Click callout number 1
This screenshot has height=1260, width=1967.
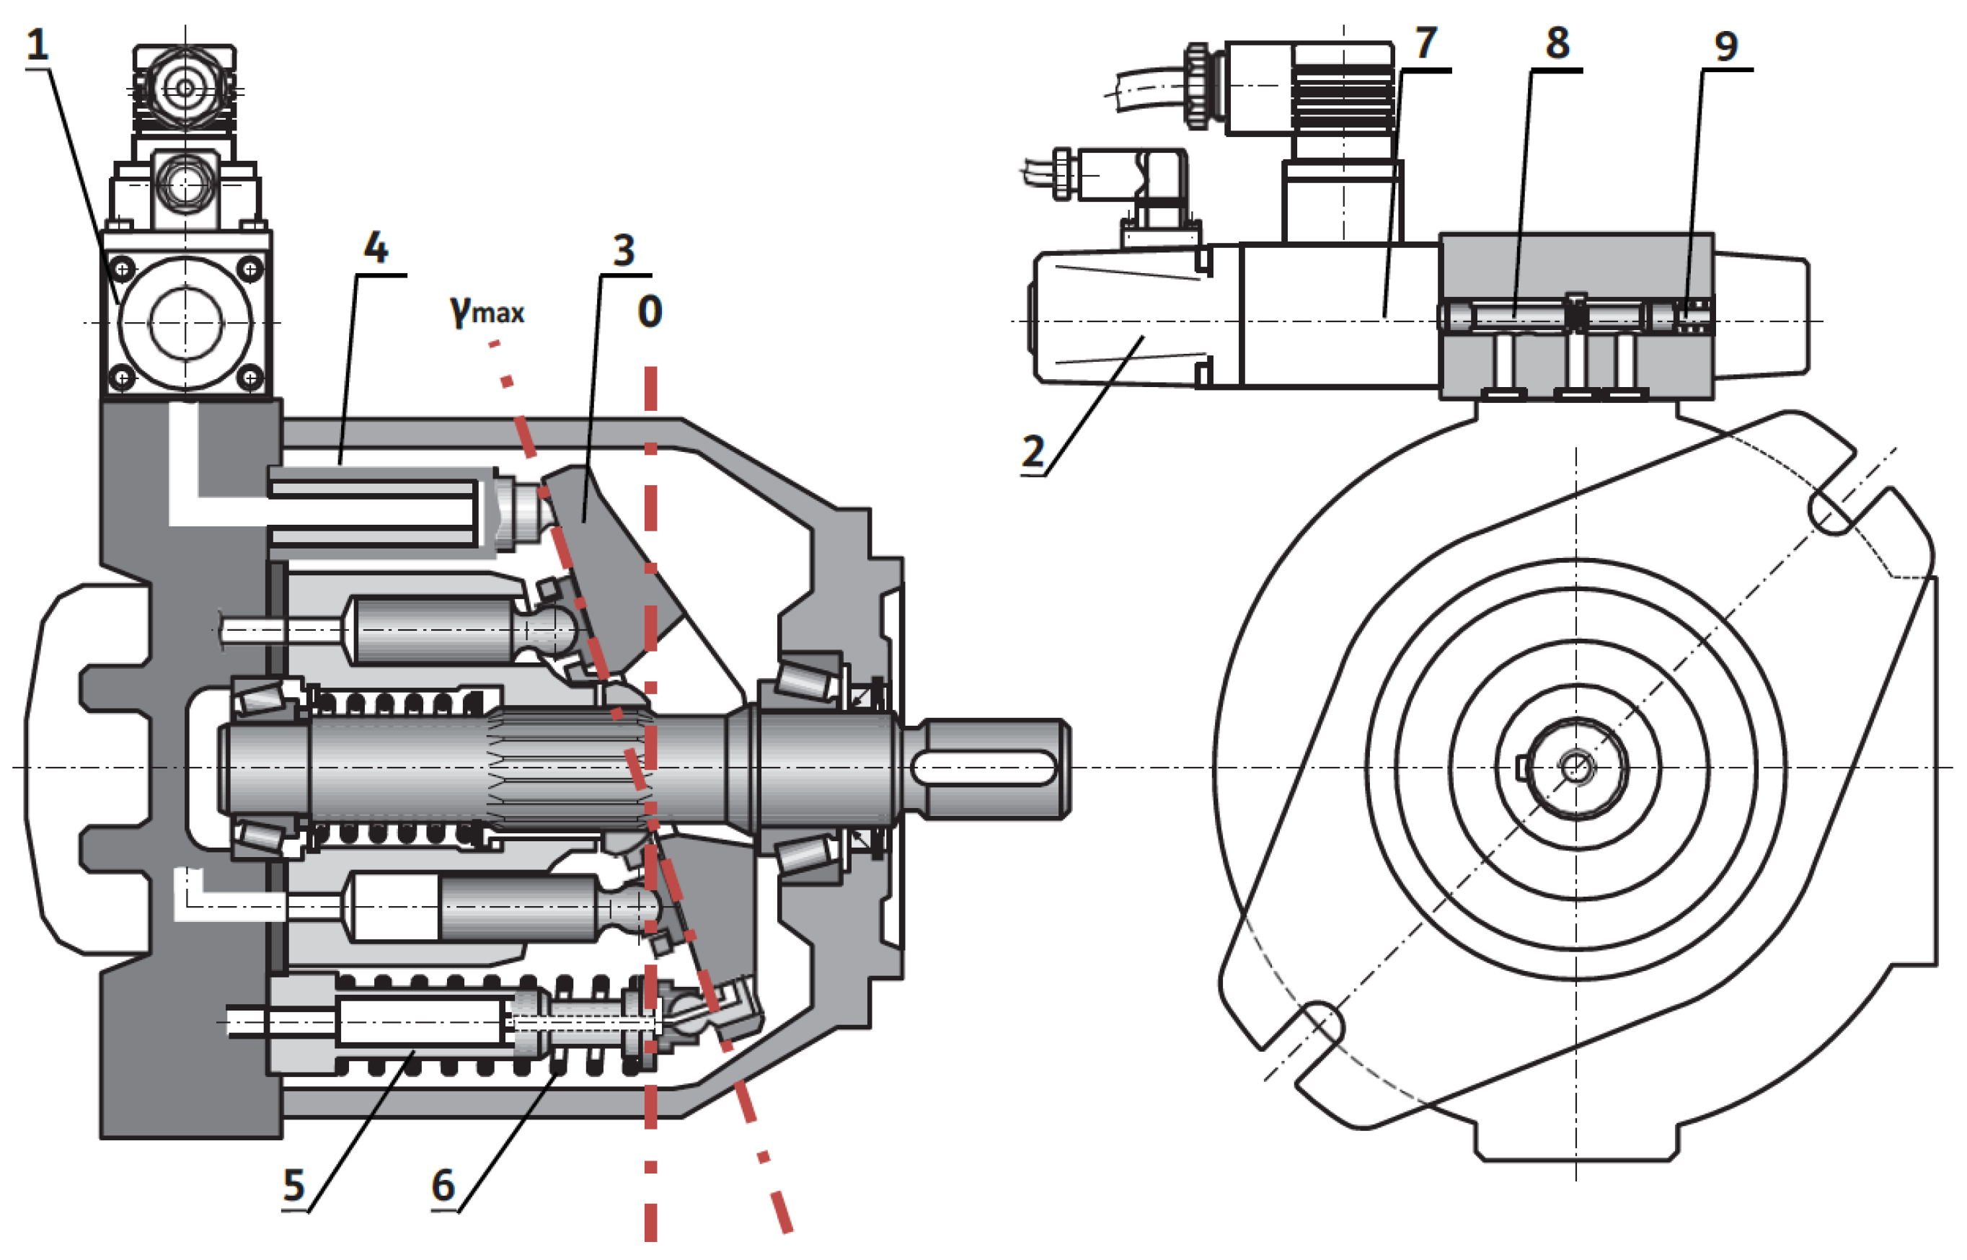[37, 45]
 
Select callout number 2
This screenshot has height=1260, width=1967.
[1033, 452]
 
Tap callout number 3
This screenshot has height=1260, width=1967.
[624, 250]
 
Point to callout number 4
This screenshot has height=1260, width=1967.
[376, 248]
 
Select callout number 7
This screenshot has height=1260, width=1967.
[1425, 43]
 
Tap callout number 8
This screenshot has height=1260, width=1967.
[1556, 43]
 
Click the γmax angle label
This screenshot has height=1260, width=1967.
[487, 311]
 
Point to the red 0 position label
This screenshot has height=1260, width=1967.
[650, 311]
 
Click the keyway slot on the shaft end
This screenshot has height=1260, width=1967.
[983, 768]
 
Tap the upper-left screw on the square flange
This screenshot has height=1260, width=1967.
[123, 268]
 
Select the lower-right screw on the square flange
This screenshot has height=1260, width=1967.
[249, 377]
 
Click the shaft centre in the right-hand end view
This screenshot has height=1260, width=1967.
[1575, 768]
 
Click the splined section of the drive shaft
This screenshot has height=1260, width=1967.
[565, 767]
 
